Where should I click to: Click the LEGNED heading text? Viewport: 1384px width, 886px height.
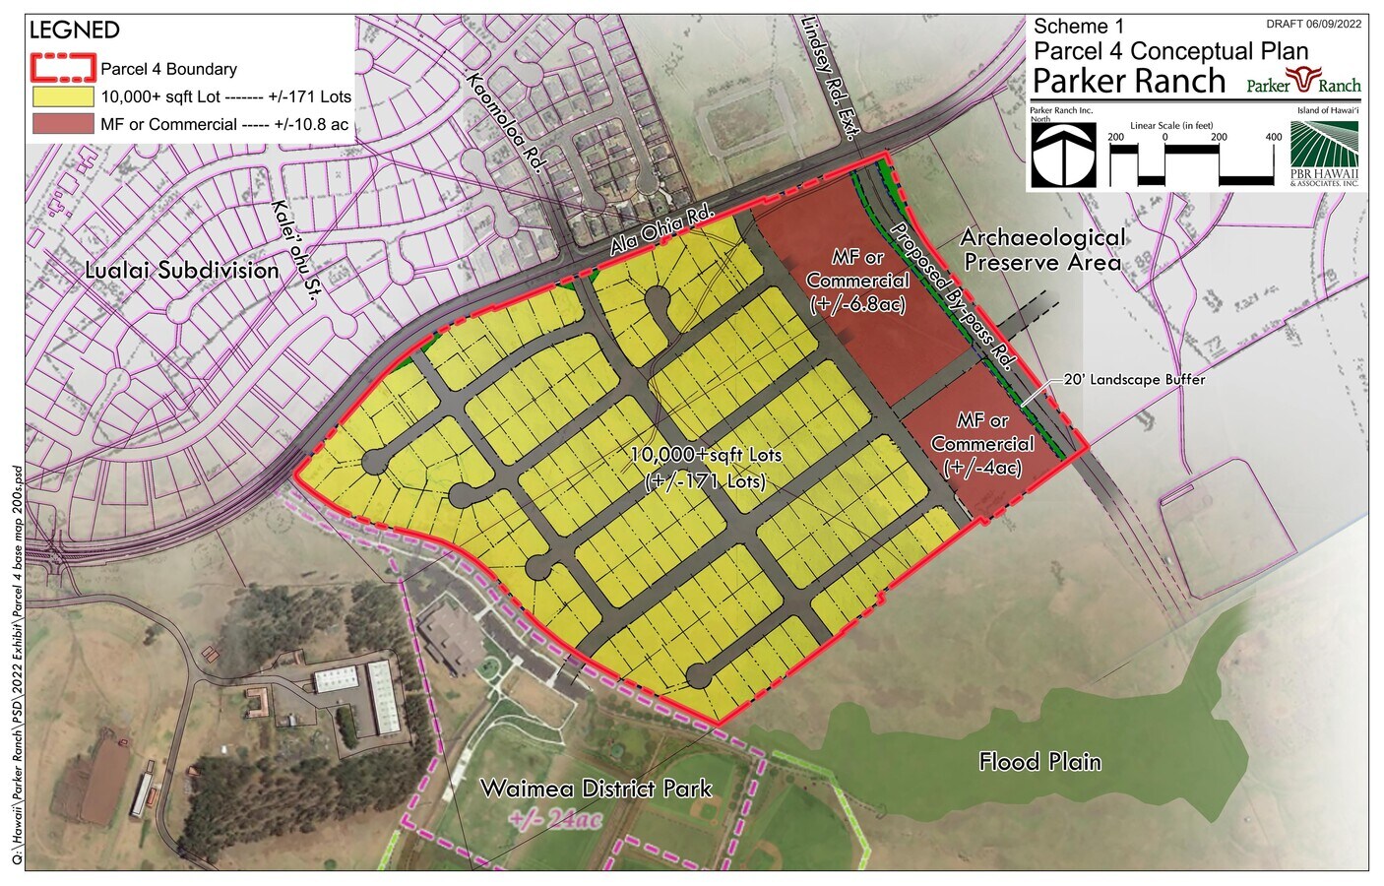coord(75,31)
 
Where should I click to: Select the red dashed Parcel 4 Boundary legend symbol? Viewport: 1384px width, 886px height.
coord(63,69)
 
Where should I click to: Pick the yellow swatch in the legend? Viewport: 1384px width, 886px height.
coord(63,96)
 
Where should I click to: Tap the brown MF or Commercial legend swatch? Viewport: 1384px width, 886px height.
coord(63,124)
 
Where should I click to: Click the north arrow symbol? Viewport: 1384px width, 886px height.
coord(1063,155)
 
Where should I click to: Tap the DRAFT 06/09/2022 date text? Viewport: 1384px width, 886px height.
coord(1313,24)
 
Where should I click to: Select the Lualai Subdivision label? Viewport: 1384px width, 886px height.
coord(182,270)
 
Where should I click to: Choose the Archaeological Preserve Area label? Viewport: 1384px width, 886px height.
coord(1042,250)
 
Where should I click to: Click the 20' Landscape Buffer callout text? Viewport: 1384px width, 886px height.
coord(1134,379)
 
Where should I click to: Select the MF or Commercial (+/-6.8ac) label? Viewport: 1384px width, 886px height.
coord(857,281)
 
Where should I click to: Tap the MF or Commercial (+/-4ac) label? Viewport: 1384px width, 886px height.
coord(981,444)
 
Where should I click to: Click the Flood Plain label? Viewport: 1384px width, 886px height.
coord(1039,761)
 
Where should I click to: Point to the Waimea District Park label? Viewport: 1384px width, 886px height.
coord(596,789)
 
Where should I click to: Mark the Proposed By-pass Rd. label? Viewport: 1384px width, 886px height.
coord(951,296)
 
